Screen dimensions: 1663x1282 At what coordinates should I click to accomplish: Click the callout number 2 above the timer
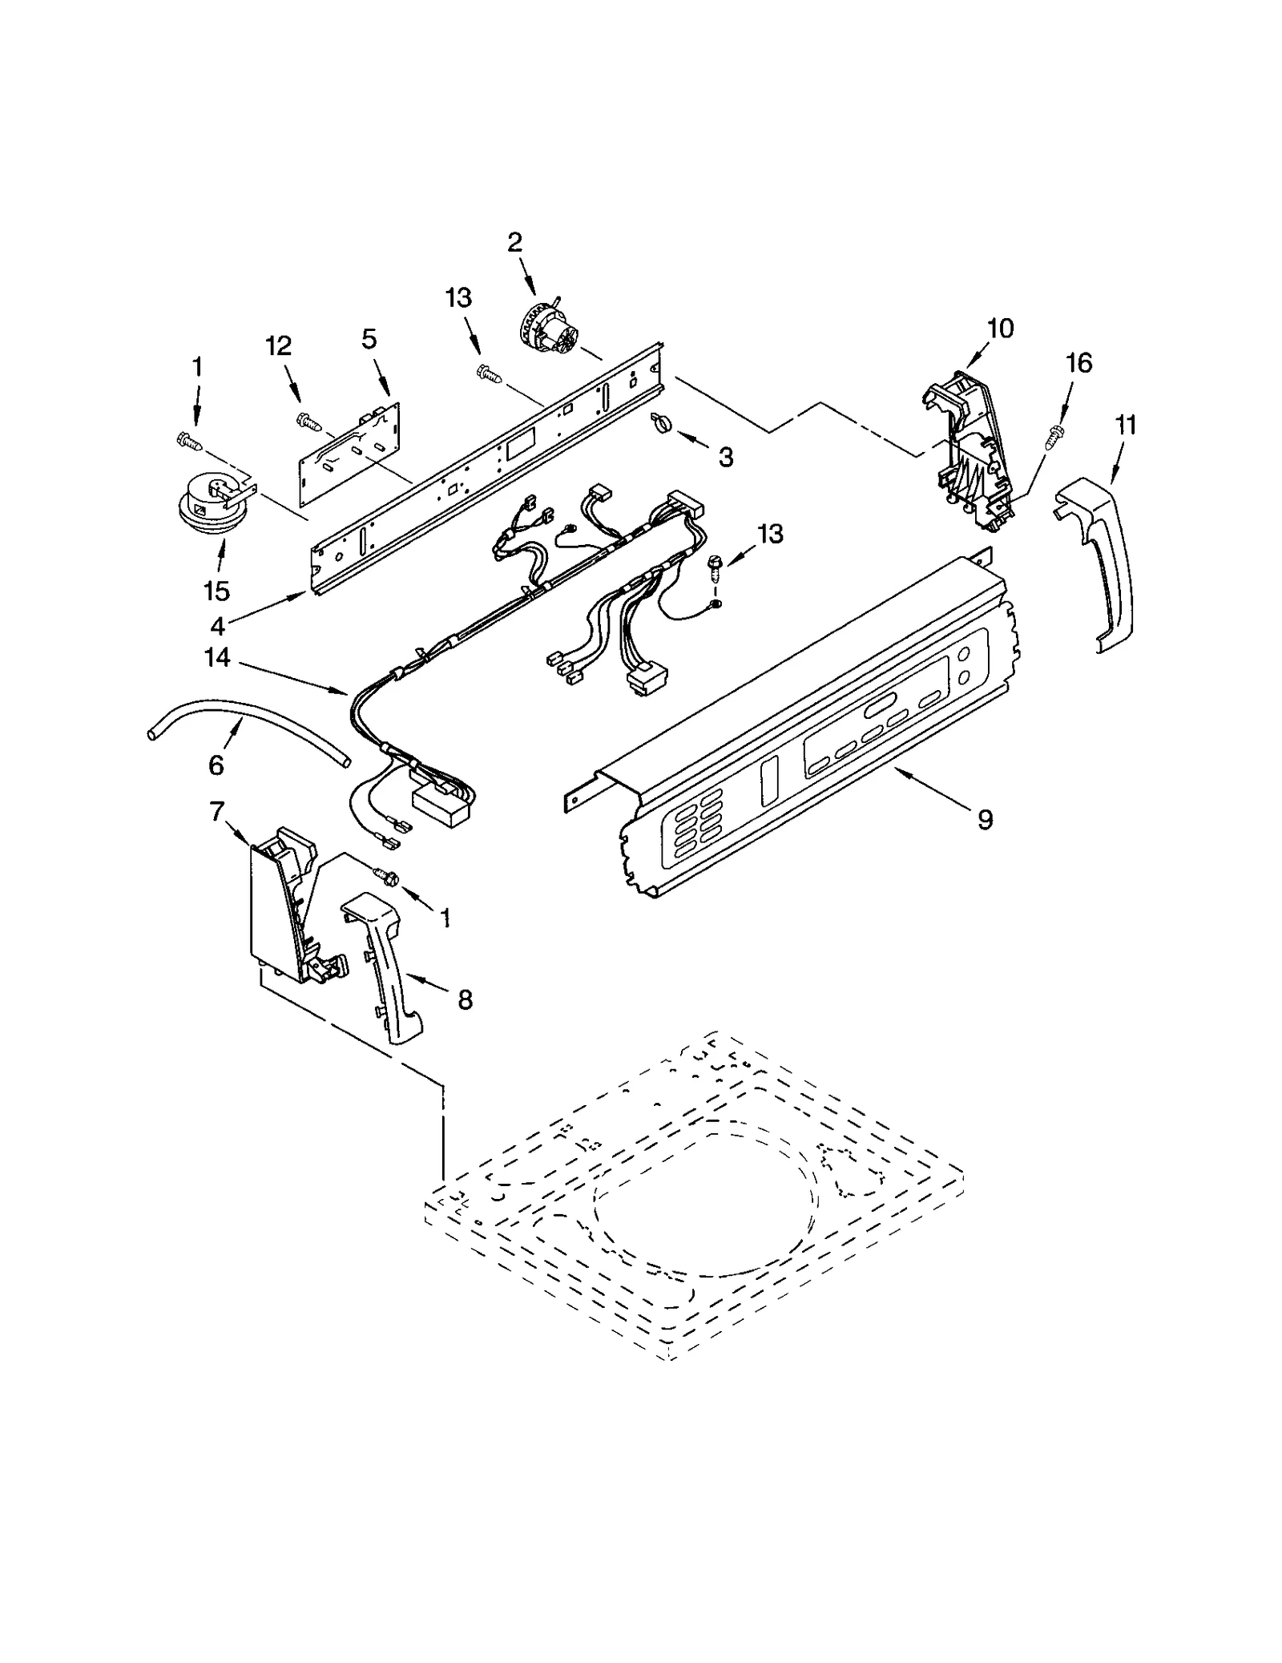tap(514, 242)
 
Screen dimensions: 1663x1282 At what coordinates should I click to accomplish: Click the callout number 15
tap(216, 591)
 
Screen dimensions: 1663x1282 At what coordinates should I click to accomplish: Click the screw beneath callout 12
tap(308, 420)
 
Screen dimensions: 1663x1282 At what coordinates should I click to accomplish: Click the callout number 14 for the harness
tap(217, 658)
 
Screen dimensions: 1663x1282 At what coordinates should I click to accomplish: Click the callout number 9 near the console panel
tap(985, 818)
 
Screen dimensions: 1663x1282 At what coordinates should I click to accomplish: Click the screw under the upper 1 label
tap(188, 440)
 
